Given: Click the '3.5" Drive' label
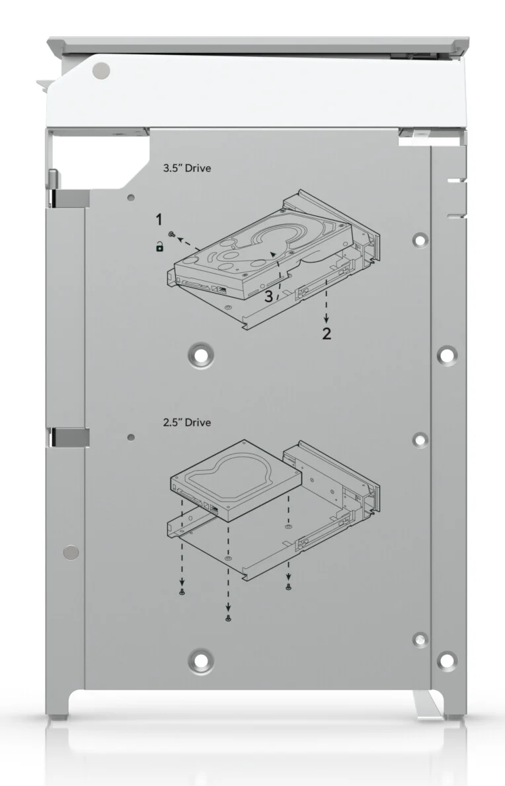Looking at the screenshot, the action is [x=187, y=168].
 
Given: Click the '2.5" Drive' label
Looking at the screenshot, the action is [x=187, y=422].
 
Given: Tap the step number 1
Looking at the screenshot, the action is [x=159, y=219].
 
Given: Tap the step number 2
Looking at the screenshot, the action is [x=327, y=333].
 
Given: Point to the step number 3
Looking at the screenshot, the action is [x=269, y=296].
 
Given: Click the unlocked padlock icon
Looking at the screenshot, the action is [x=159, y=247].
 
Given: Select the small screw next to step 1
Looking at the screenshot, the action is [x=172, y=233].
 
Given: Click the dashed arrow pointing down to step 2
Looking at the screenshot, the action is [x=327, y=300].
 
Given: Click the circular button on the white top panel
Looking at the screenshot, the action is [x=101, y=70].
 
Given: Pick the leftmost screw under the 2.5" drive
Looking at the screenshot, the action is [x=182, y=592].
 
